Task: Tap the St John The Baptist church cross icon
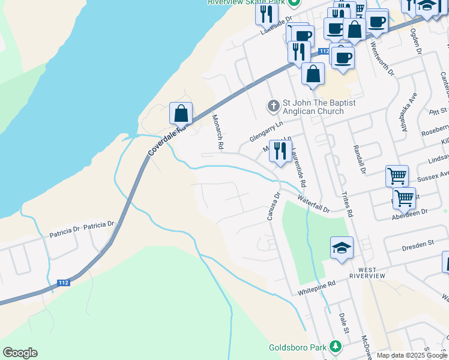coord(273,107)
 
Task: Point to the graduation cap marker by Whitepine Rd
coord(342,247)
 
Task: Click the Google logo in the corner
coord(20,353)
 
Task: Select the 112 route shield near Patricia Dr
coord(63,282)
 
